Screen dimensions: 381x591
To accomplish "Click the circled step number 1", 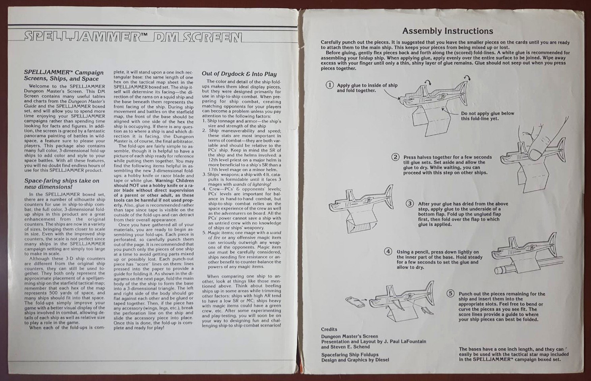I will pos(330,85).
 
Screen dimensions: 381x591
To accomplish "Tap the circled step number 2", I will pos(396,157).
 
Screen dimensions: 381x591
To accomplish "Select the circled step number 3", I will pos(410,204).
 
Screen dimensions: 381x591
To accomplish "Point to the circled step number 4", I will pos(388,252).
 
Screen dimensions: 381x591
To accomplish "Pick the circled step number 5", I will pos(450,294).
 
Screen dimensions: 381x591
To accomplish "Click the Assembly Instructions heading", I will pos(448,31).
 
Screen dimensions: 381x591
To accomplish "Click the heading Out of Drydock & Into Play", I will pos(239,74).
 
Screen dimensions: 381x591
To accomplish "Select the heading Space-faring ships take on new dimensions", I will pos(62,183).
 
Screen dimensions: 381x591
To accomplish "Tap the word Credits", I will pos(329,329).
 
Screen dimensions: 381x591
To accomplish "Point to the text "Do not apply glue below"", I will pos(487,114).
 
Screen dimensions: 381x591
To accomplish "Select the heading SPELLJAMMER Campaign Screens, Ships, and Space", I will pos(64,75).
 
